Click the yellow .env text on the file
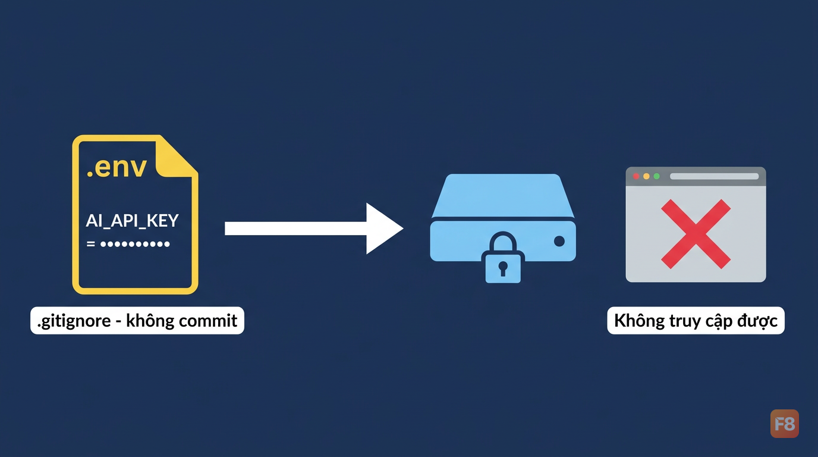(x=117, y=168)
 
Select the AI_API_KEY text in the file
(x=132, y=221)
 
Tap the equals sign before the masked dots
(x=90, y=244)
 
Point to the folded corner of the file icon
(x=176, y=156)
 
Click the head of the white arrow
(x=383, y=228)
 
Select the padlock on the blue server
(x=503, y=258)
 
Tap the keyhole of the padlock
(x=503, y=268)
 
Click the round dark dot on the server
(x=559, y=241)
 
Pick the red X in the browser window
(x=696, y=234)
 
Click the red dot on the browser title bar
(x=635, y=176)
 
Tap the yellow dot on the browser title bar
(x=646, y=176)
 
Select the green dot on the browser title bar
(x=656, y=176)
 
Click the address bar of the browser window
(x=715, y=176)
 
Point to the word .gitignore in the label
(x=74, y=321)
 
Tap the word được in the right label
(x=757, y=321)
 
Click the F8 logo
(x=784, y=424)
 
